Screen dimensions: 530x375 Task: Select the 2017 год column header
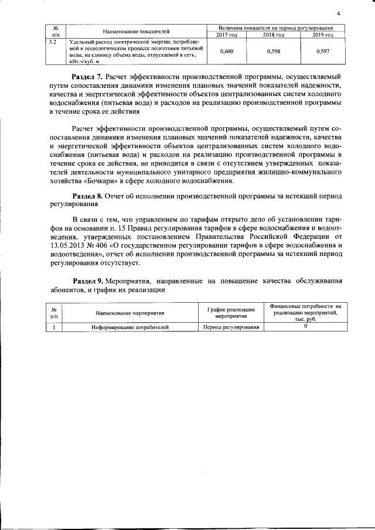[x=226, y=35]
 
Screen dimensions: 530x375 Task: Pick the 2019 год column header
[x=322, y=35]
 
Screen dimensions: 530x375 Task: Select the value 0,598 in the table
[x=273, y=52]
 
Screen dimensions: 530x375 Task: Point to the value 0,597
[x=322, y=52]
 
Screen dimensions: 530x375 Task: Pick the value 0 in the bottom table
[x=305, y=327]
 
